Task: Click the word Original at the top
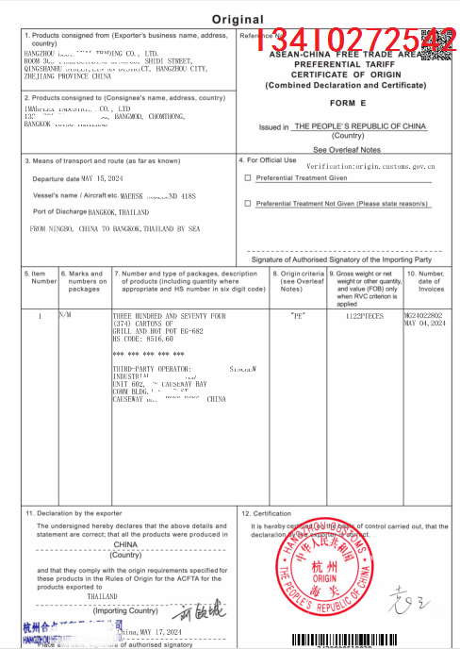tap(238, 19)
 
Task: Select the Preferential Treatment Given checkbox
tap(248, 177)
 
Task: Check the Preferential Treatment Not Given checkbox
tap(248, 203)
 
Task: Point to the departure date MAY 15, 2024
tap(103, 177)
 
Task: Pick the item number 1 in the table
tap(39, 316)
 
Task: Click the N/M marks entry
tap(65, 316)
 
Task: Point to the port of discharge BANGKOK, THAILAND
tap(118, 212)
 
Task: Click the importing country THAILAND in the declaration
tap(102, 596)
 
